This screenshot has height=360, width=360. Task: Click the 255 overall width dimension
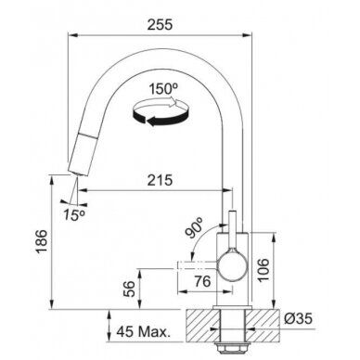click(160, 24)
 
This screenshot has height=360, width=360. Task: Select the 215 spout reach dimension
click(160, 180)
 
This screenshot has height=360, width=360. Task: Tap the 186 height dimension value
click(42, 241)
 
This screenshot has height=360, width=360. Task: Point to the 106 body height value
click(264, 270)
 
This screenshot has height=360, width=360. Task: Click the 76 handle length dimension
click(202, 281)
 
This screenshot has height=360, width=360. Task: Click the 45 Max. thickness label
click(143, 332)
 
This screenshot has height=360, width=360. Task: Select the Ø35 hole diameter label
click(298, 318)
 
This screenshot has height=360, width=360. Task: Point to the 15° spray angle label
click(74, 214)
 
